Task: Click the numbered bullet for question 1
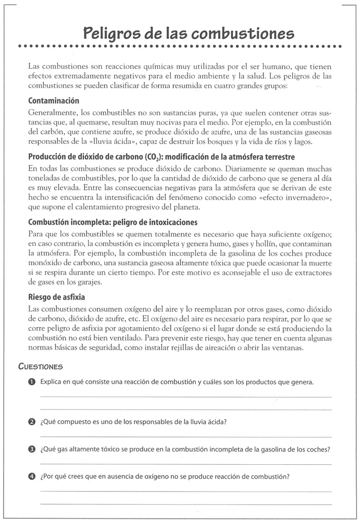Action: tap(32, 382)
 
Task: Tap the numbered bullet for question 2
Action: tap(32, 422)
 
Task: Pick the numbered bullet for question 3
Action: tap(32, 449)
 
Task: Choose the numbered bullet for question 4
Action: tap(32, 477)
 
